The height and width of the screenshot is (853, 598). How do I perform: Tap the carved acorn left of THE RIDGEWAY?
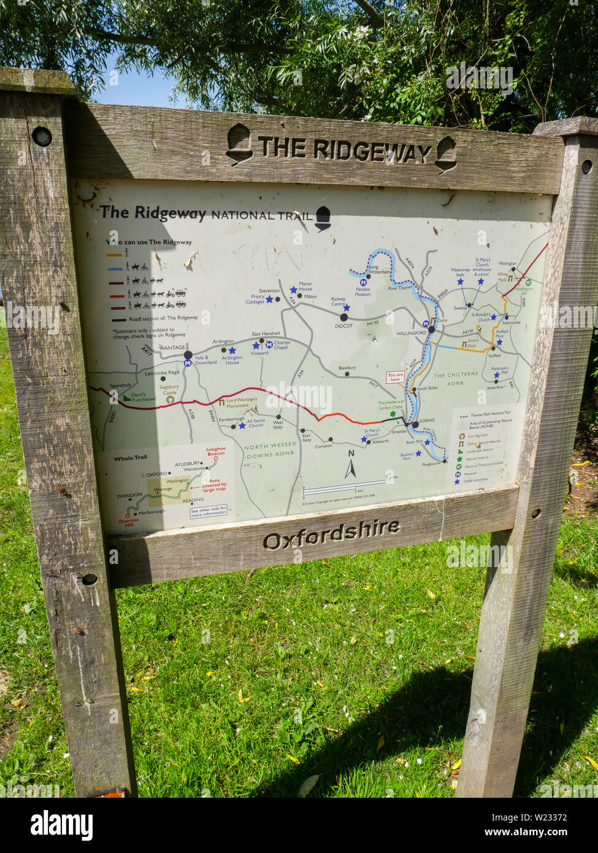239,144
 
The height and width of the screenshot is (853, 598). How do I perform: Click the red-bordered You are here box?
395,377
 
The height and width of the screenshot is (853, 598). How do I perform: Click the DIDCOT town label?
343,326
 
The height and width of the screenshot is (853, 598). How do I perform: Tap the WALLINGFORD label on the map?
411,333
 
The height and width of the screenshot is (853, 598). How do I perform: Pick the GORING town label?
426,421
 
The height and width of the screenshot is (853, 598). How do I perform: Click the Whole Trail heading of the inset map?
130,458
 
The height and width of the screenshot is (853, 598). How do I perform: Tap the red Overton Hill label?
129,521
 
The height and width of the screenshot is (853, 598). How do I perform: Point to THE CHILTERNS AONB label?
456,379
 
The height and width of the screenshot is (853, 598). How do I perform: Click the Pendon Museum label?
362,291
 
